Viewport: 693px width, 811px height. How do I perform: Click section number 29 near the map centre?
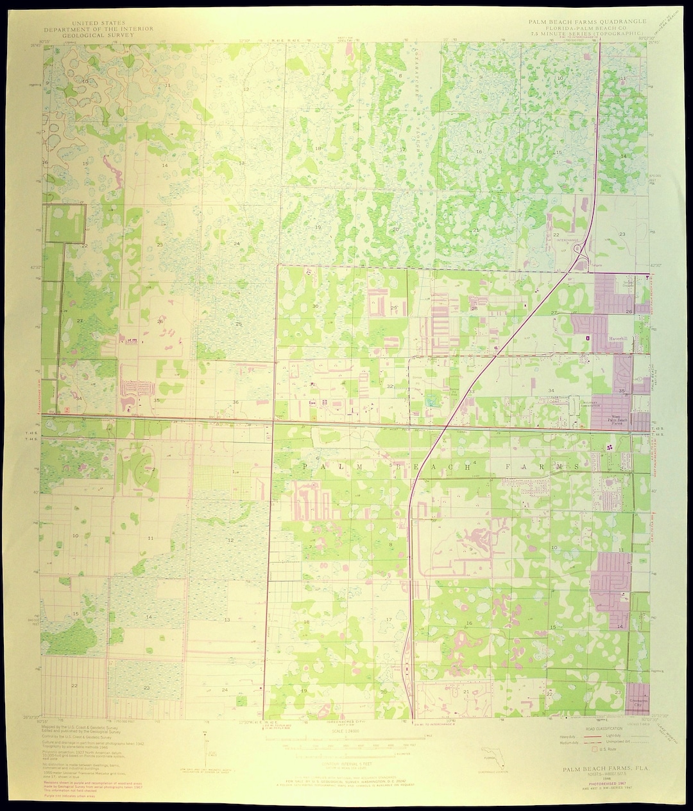tap(393, 308)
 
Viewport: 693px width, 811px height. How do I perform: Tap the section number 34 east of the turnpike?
tap(551, 390)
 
